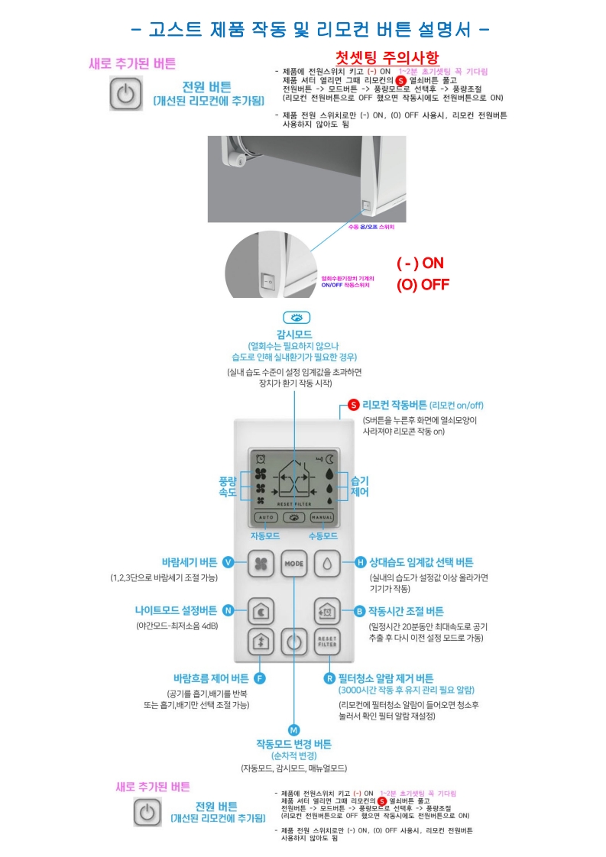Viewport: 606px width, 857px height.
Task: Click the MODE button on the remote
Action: pyautogui.click(x=294, y=564)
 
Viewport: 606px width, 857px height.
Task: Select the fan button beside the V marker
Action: pyautogui.click(x=260, y=564)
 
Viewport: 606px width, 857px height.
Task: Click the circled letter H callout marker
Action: pyautogui.click(x=361, y=562)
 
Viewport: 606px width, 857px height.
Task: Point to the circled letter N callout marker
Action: pyautogui.click(x=228, y=610)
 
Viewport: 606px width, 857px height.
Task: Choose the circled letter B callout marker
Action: pyautogui.click(x=360, y=611)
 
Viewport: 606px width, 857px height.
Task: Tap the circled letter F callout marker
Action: pyautogui.click(x=259, y=678)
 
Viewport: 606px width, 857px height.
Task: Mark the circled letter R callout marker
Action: pyautogui.click(x=329, y=678)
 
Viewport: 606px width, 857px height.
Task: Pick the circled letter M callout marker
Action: pyautogui.click(x=294, y=729)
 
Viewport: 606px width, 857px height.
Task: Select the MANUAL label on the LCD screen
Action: pyautogui.click(x=321, y=517)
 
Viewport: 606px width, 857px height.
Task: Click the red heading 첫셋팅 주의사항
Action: pyautogui.click(x=388, y=59)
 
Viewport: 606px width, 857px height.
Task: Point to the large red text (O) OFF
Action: pyautogui.click(x=423, y=285)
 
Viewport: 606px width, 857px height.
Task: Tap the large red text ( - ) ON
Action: pyautogui.click(x=420, y=263)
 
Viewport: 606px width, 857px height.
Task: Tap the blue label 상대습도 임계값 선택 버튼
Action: pyautogui.click(x=421, y=562)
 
